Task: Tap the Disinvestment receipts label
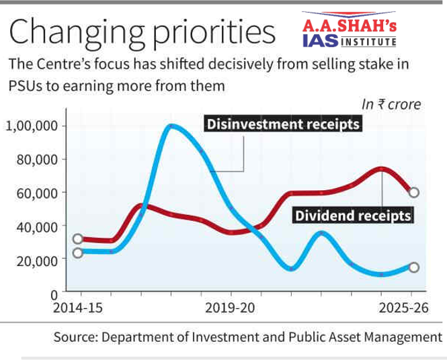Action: pos(283,125)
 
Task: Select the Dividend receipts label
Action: pos(352,216)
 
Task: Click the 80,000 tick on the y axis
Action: pos(38,160)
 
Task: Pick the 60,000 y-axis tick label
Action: pos(38,193)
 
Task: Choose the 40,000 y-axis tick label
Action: pos(38,227)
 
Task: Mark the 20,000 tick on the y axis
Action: pos(38,261)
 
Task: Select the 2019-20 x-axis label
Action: pos(231,308)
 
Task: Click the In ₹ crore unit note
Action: pos(392,104)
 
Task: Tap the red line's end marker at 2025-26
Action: pos(414,192)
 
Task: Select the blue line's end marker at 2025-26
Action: pos(414,267)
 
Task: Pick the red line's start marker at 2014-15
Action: pos(78,238)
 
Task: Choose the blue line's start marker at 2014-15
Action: pos(78,253)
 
